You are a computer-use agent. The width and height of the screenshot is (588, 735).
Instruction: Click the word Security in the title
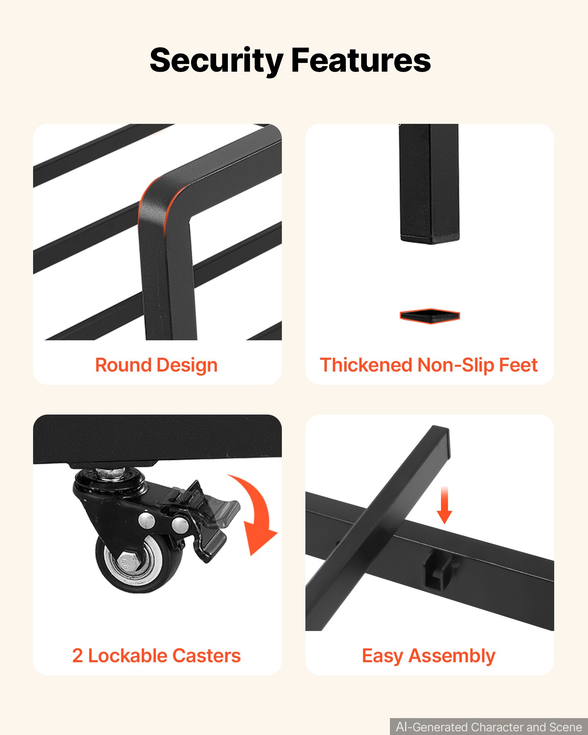click(x=216, y=61)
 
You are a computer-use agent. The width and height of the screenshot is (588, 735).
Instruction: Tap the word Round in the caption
click(x=123, y=365)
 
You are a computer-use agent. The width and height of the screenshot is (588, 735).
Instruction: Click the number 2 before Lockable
click(x=78, y=656)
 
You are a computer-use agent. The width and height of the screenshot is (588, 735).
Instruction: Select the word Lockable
click(x=127, y=656)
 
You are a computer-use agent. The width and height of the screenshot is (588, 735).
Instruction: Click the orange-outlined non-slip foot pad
click(x=430, y=316)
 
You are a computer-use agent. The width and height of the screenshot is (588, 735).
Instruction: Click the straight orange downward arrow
click(x=444, y=505)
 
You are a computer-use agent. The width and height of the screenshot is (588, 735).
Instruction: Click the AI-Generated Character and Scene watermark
click(x=489, y=727)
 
